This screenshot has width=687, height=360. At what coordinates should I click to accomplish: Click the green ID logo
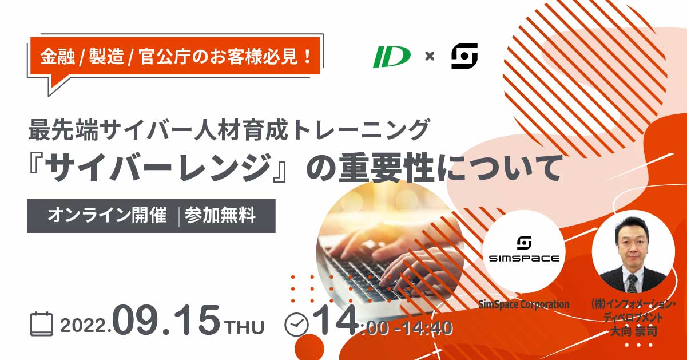(x=392, y=57)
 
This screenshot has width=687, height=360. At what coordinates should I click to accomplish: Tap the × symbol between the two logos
(x=430, y=56)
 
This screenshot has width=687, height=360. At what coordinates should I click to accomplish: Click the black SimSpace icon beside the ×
(x=464, y=56)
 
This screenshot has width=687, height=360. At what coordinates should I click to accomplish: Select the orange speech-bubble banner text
(x=176, y=57)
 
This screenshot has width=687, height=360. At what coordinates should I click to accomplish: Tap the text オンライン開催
(x=107, y=215)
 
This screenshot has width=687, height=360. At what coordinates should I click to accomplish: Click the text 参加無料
(x=220, y=215)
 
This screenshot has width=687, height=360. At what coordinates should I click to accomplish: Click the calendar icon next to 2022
(x=41, y=323)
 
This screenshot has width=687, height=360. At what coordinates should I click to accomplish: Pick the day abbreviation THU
(x=244, y=327)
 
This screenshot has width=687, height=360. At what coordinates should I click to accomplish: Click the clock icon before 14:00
(x=296, y=325)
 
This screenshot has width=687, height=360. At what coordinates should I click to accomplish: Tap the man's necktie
(x=632, y=283)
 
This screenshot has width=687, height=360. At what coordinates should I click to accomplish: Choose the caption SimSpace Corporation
(x=524, y=304)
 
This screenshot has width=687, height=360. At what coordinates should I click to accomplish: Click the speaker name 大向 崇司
(x=633, y=331)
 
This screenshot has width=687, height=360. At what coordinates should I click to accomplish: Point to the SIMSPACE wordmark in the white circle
(x=524, y=259)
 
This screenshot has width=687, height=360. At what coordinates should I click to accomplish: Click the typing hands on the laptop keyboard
(x=396, y=255)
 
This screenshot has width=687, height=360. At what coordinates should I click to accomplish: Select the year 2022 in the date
(x=84, y=325)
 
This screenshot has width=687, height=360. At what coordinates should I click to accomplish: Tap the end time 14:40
(x=428, y=328)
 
